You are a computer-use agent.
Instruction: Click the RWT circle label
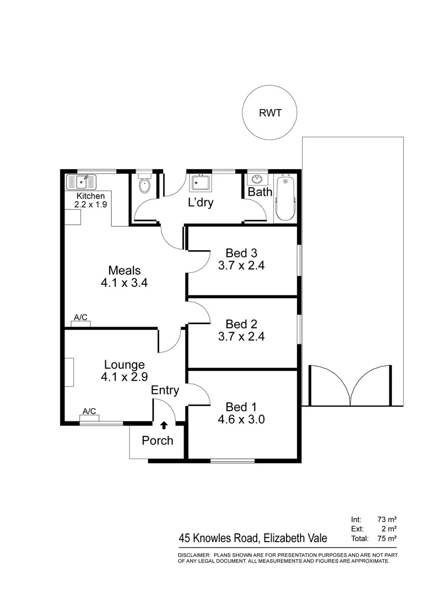tap(270, 113)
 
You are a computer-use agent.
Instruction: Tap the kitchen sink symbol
tap(80, 181)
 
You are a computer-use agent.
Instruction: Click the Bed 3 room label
tap(241, 253)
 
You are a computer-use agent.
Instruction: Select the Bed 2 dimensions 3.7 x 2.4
tap(241, 336)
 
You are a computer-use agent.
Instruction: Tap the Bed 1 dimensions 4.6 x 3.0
tap(241, 419)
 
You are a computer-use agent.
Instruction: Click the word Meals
tap(125, 271)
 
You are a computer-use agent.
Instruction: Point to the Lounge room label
tap(125, 365)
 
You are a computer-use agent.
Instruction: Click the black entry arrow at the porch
tap(164, 425)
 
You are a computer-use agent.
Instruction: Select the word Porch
tap(157, 441)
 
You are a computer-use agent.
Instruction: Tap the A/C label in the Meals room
tap(80, 317)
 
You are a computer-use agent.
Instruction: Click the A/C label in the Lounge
tap(89, 411)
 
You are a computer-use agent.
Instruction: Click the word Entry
tap(165, 391)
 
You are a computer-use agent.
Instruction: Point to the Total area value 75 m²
tap(388, 538)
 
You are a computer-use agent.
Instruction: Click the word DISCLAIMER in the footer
tap(194, 554)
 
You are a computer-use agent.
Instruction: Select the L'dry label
tap(201, 203)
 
